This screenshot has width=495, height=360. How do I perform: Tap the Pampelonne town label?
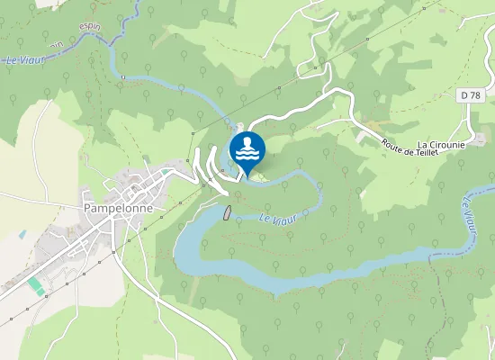pos(118,207)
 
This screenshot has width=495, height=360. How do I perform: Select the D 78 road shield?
pos(470,95)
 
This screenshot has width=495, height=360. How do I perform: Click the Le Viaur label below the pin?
pos(276,217)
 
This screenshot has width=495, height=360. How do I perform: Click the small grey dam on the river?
pos(228,212)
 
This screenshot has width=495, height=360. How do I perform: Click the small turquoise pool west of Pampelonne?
pos(22,234)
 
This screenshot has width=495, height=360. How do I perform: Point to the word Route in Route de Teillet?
pos(393,145)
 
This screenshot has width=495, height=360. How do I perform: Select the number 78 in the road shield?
pos(473,95)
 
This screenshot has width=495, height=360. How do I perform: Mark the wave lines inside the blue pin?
pos(247,155)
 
